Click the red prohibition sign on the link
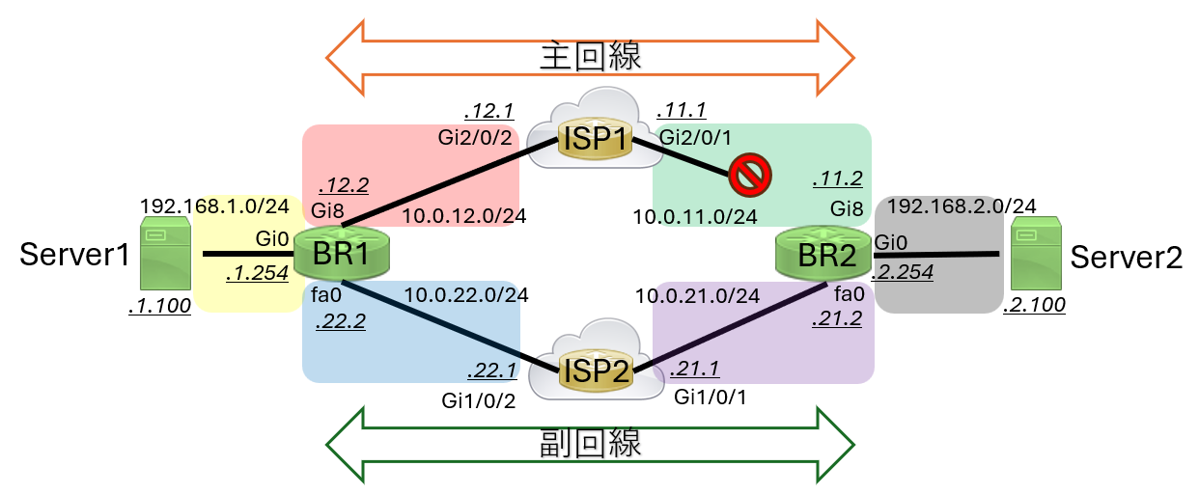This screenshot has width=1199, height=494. (747, 176)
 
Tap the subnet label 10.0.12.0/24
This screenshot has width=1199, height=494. (464, 216)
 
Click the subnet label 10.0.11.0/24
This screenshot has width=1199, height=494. (695, 216)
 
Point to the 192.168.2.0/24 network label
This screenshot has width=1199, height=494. (962, 206)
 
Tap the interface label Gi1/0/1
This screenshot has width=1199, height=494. (711, 397)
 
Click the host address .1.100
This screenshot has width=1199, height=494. (159, 307)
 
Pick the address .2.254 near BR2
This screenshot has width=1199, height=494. (902, 272)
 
